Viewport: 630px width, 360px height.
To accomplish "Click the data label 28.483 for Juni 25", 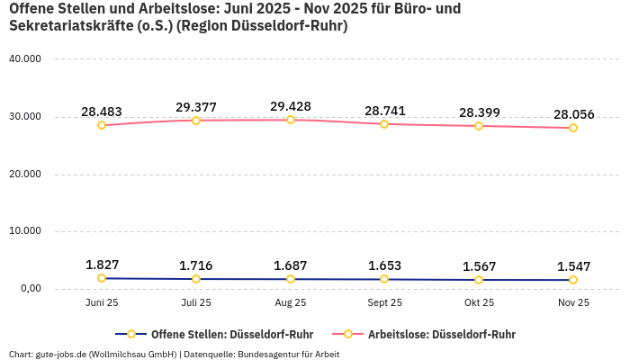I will [102, 112].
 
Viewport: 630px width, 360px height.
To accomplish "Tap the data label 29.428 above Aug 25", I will [290, 106].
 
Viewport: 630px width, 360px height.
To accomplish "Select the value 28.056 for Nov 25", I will [573, 114].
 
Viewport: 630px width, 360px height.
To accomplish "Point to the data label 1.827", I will [102, 265].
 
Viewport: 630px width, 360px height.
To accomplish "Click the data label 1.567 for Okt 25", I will [479, 266].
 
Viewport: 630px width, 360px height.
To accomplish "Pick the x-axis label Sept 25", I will [384, 303].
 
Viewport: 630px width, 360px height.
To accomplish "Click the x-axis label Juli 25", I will [196, 303].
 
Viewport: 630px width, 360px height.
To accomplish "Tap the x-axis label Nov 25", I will [573, 303].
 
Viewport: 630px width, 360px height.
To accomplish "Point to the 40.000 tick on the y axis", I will [24, 59].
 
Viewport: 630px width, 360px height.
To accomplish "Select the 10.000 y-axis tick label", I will [24, 231].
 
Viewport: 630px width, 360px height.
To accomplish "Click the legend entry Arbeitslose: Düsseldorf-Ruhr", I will [441, 334].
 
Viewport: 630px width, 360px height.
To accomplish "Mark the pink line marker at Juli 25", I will [196, 120].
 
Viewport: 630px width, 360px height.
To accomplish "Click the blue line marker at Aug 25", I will [290, 279].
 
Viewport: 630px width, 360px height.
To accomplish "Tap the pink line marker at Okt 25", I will [479, 126].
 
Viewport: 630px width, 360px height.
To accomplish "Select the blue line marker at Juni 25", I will [102, 278].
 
